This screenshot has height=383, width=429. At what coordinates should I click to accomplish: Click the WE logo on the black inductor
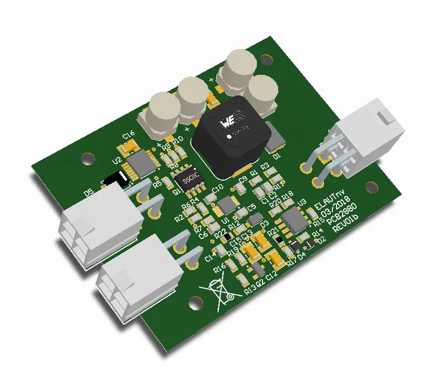coord(228,122)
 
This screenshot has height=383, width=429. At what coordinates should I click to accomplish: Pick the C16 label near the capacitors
coord(128,135)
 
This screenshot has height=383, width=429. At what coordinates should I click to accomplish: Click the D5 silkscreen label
coord(88,193)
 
